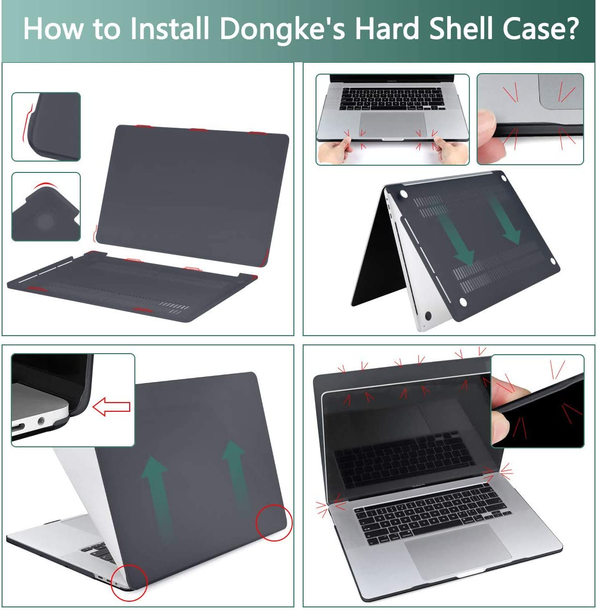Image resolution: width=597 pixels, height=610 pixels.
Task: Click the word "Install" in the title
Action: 169,29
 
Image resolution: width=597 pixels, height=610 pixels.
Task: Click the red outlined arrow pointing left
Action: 111,407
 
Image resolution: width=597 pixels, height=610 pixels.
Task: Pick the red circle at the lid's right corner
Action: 274,522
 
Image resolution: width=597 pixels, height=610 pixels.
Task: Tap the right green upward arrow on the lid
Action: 234,474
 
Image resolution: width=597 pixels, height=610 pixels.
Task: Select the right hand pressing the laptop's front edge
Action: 451,151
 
